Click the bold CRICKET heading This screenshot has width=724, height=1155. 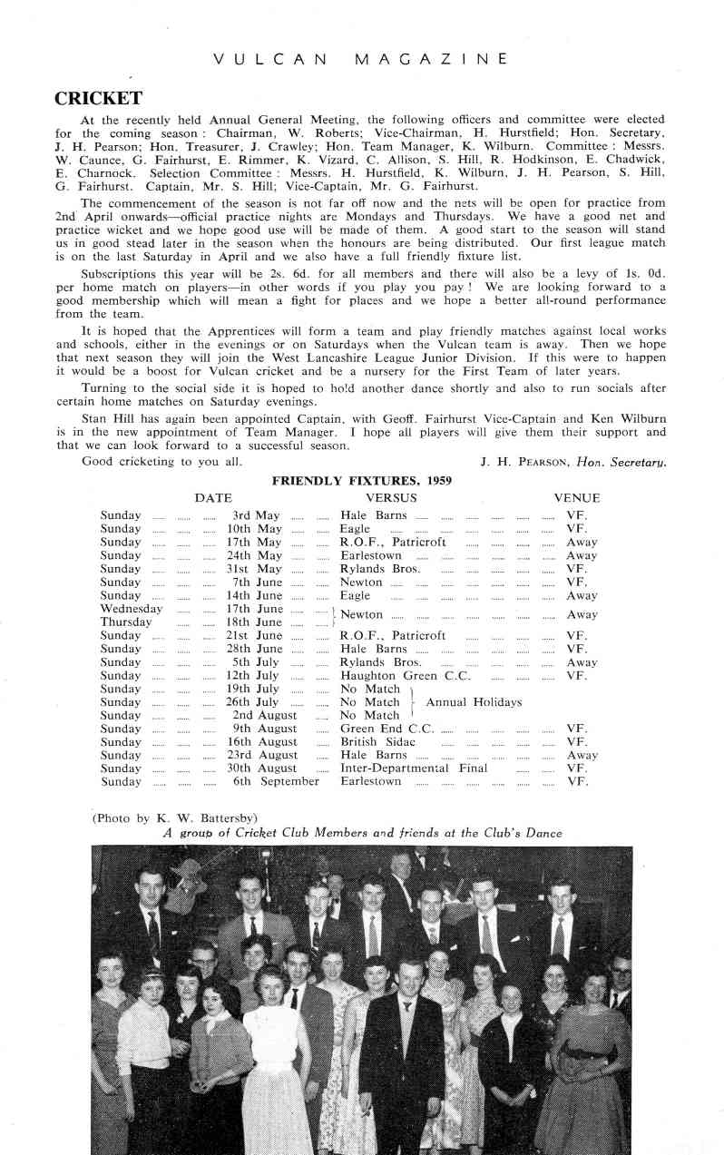point(98,98)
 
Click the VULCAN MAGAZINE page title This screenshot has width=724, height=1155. point(360,59)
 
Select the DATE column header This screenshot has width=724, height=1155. point(213,498)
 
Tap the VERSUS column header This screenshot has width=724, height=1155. point(391,498)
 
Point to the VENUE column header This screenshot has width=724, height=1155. point(577,498)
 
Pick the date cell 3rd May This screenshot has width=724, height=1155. point(255,515)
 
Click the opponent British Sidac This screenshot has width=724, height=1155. point(377,742)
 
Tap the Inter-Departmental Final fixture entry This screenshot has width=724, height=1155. point(413,768)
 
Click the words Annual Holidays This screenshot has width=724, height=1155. point(474,702)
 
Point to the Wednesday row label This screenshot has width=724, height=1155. point(131,609)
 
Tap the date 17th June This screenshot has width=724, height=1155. point(254,609)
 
